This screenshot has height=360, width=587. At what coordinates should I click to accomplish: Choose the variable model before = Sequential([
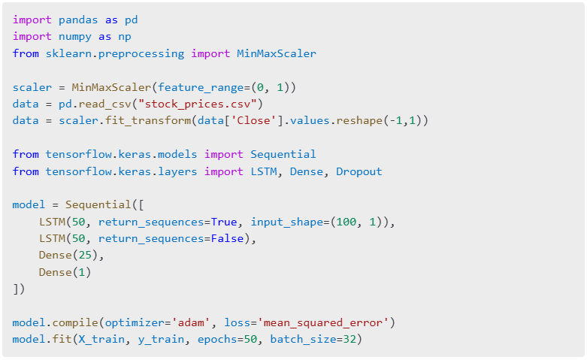[29, 204]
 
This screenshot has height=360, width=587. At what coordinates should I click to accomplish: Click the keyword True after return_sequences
[223, 222]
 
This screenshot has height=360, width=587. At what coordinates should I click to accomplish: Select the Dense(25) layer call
[71, 256]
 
